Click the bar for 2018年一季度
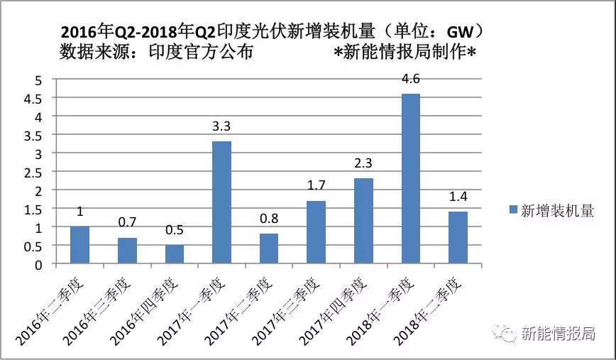(411, 179)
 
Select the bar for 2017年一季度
(221, 203)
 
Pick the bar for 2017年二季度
(269, 249)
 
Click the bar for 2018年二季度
(458, 238)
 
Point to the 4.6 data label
(411, 80)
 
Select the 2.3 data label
(363, 164)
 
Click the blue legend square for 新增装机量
(513, 210)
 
